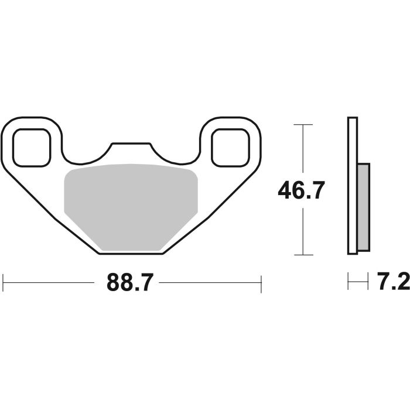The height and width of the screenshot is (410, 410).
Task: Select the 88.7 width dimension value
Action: tap(129, 283)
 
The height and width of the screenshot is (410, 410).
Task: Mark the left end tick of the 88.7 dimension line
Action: tap(4, 283)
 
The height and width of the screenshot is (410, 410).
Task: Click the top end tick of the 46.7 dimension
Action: tap(301, 125)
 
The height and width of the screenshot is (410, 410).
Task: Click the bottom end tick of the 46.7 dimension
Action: tap(301, 255)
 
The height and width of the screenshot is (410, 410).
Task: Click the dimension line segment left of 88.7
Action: tap(53, 283)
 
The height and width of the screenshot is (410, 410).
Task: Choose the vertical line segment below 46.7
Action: tap(301, 231)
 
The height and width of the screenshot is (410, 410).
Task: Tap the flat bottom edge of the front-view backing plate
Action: tap(130, 253)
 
